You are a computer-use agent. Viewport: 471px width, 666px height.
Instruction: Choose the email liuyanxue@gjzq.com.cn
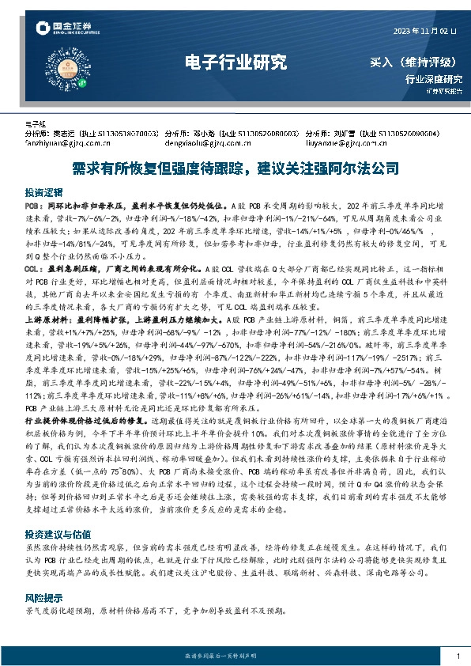click(x=346, y=143)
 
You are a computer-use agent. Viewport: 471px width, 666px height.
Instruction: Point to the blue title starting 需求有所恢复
click(x=235, y=169)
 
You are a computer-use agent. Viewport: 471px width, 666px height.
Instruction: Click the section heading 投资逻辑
click(x=41, y=193)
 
